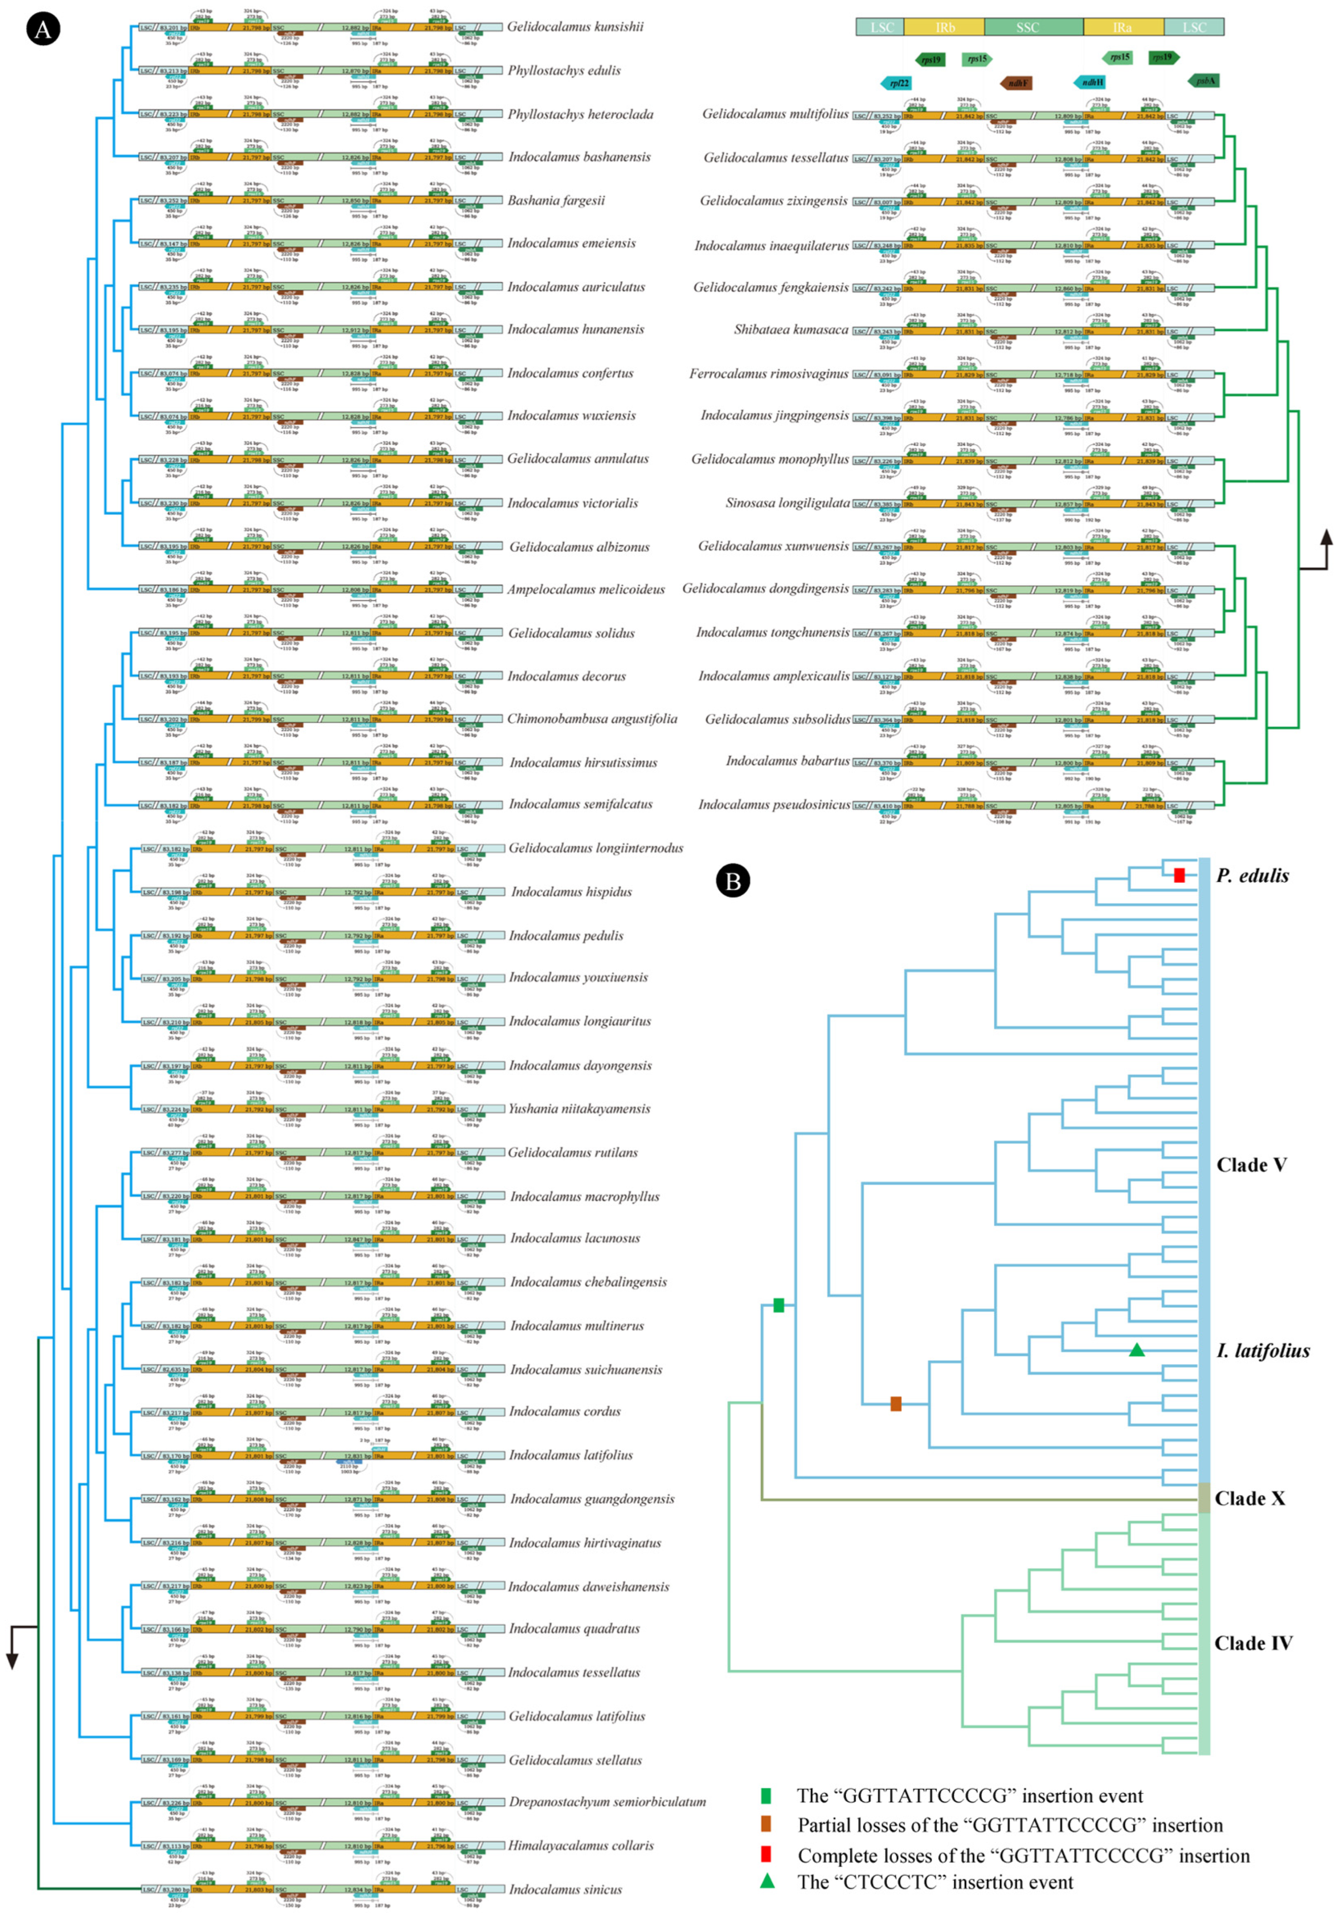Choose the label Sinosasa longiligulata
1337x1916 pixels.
[787, 503]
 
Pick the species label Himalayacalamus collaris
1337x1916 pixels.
[581, 1846]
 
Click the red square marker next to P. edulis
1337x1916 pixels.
[1178, 876]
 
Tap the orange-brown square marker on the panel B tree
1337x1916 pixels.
[895, 1404]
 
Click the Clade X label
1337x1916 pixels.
[1249, 1499]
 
